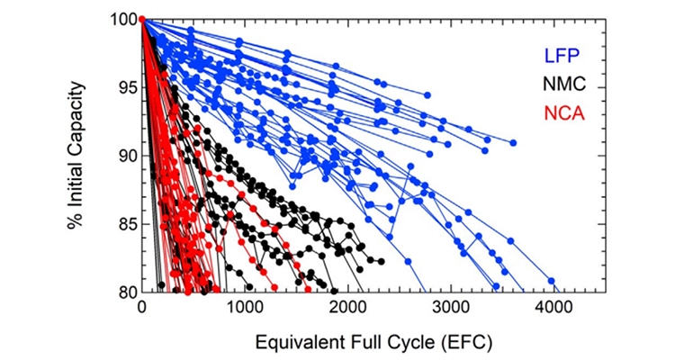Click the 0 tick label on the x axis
pos(142,309)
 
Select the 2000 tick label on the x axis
pos(347,309)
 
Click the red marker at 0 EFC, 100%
pos(142,20)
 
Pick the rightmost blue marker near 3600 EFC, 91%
pos(513,143)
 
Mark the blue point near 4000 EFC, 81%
pos(552,281)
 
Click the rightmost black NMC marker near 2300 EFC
pos(381,261)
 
